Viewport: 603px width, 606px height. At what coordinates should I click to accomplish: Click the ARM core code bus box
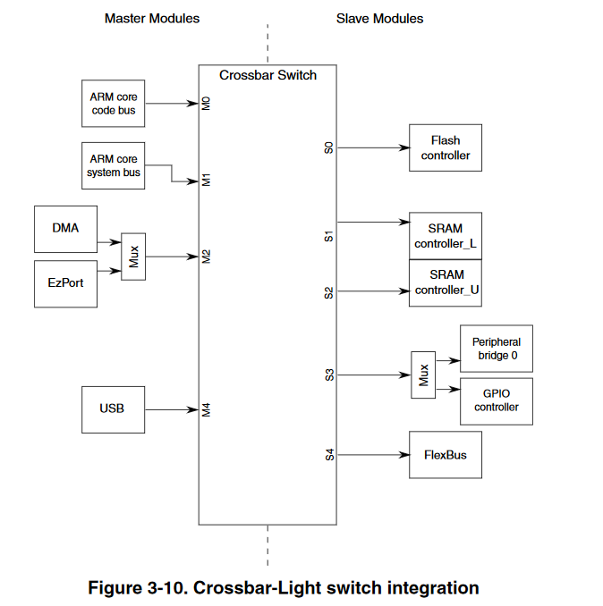pyautogui.click(x=114, y=103)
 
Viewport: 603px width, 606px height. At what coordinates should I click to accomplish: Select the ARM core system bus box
pyautogui.click(x=114, y=165)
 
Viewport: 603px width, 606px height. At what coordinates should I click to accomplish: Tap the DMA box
pyautogui.click(x=65, y=229)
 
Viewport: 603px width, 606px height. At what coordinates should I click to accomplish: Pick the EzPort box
pyautogui.click(x=65, y=283)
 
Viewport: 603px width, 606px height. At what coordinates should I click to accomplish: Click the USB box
pyautogui.click(x=113, y=409)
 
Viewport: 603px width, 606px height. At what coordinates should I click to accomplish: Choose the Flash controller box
pyautogui.click(x=446, y=147)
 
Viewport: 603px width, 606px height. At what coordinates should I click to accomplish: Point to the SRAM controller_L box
pyautogui.click(x=446, y=235)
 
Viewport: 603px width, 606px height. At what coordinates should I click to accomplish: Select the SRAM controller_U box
pyautogui.click(x=446, y=283)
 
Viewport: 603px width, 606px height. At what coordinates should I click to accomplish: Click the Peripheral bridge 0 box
pyautogui.click(x=496, y=349)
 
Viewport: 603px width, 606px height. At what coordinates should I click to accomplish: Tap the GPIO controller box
pyautogui.click(x=496, y=400)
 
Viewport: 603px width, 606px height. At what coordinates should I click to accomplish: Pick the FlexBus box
pyautogui.click(x=446, y=454)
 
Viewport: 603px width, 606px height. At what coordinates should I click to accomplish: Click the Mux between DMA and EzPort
pyautogui.click(x=133, y=257)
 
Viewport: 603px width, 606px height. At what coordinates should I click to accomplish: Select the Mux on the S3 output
pyautogui.click(x=423, y=375)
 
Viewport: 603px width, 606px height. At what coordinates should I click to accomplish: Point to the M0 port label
pyautogui.click(x=206, y=104)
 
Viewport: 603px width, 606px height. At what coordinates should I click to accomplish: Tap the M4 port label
pyautogui.click(x=206, y=410)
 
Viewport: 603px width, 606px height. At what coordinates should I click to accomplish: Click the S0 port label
pyautogui.click(x=328, y=147)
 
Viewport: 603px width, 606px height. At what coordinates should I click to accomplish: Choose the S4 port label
pyautogui.click(x=328, y=455)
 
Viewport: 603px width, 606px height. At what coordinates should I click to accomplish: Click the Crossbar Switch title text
pyautogui.click(x=268, y=76)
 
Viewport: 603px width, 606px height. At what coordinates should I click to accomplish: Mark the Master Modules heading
pyautogui.click(x=152, y=18)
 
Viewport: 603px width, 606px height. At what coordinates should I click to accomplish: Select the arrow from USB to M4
pyautogui.click(x=171, y=410)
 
